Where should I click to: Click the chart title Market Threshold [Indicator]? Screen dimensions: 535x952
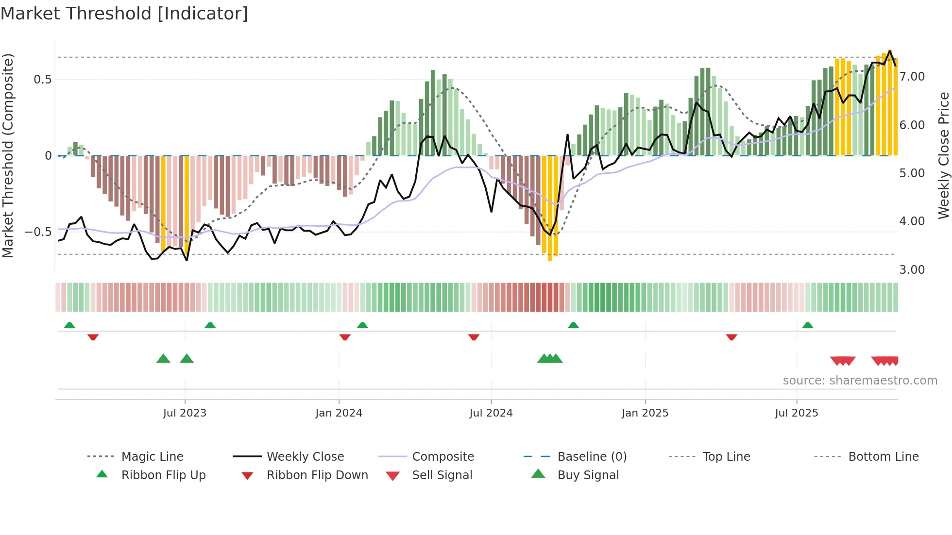point(124,14)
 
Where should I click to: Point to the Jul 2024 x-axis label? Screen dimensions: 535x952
point(491,413)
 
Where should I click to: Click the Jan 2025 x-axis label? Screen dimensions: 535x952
point(645,413)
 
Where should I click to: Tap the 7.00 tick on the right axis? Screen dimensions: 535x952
point(912,77)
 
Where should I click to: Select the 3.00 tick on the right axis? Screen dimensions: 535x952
point(912,270)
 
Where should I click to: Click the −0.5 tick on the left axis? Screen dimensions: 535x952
point(38,232)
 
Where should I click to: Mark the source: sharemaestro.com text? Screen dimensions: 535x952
point(860,381)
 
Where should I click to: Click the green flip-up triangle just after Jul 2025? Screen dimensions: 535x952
point(807,325)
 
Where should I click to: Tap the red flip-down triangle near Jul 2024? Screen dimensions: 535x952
point(474,337)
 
